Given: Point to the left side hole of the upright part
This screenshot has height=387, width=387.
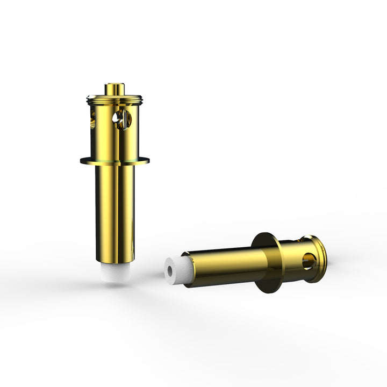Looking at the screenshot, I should pyautogui.click(x=92, y=119).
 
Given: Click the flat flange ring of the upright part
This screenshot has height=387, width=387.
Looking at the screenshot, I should pyautogui.click(x=114, y=160).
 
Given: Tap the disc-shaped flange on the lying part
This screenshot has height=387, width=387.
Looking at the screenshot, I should pyautogui.click(x=268, y=263).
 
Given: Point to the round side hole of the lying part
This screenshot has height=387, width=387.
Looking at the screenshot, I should pyautogui.click(x=308, y=262).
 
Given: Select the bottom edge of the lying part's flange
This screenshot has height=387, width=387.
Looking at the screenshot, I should pyautogui.click(x=269, y=290).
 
